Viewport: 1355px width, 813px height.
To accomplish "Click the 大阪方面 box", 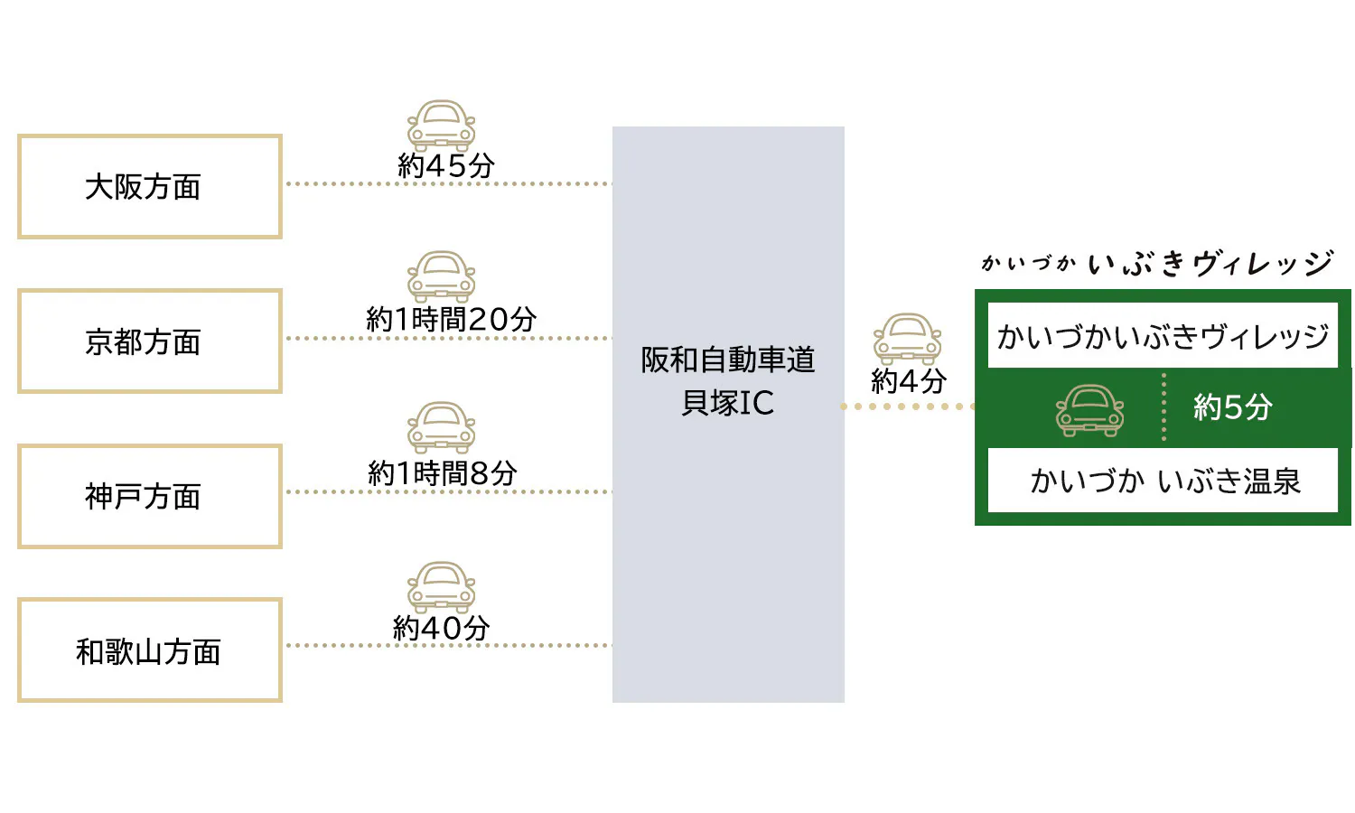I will point(150,187).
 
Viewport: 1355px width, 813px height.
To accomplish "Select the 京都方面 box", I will point(150,341).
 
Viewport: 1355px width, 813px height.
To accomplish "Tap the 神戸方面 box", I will point(150,496).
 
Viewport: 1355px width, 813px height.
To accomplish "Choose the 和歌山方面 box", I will point(150,650).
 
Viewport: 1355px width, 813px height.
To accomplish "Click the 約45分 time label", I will point(446,165).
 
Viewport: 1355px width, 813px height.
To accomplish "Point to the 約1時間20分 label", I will point(451,319).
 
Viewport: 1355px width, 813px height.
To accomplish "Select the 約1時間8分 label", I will point(443,472).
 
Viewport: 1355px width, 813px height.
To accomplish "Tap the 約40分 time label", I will point(442,627).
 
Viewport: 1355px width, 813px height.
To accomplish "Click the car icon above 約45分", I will point(441,125).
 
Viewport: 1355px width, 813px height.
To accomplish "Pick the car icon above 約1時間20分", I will point(441,276).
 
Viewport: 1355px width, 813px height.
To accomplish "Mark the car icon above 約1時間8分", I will point(441,427).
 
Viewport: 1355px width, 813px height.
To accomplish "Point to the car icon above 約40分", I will point(441,587).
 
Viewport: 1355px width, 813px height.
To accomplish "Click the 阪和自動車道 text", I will point(728,360).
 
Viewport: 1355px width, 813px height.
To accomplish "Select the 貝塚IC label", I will point(728,403).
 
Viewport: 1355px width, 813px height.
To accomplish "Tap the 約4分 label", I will point(908,381).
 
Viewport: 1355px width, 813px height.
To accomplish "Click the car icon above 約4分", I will point(907,339).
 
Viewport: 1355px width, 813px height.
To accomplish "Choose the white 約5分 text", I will point(1232,407).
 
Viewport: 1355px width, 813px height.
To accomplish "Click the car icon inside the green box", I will point(1089,410).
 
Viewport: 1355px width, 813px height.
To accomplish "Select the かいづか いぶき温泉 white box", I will point(1163,481).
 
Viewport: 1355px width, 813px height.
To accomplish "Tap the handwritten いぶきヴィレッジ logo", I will point(1210,264).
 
